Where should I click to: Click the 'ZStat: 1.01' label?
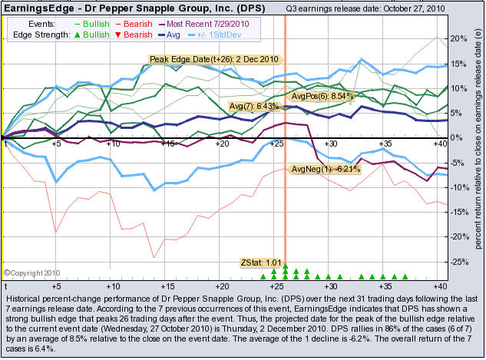click(260, 263)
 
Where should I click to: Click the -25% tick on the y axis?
click(458, 262)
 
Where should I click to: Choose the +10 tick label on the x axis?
click(113, 144)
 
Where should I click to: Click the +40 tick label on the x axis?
click(439, 144)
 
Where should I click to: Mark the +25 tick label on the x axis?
click(276, 144)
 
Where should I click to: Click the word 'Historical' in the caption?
click(25, 296)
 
